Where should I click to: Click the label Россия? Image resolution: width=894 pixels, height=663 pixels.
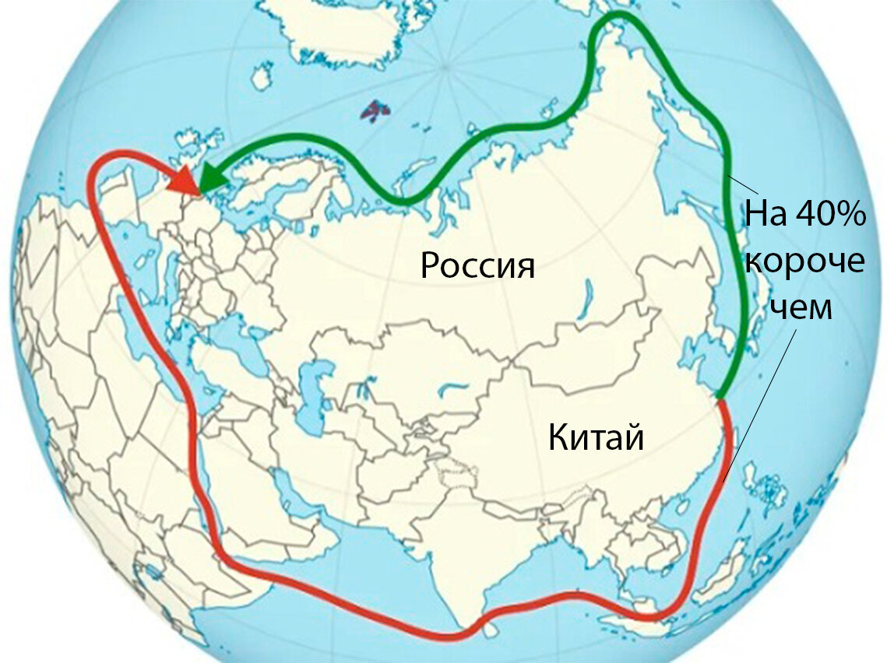tap(477, 265)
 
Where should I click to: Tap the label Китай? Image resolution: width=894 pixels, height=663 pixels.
tap(596, 437)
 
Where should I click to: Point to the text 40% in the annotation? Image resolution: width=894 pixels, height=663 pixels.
tap(830, 215)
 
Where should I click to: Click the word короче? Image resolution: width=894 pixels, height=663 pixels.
tap(804, 261)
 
